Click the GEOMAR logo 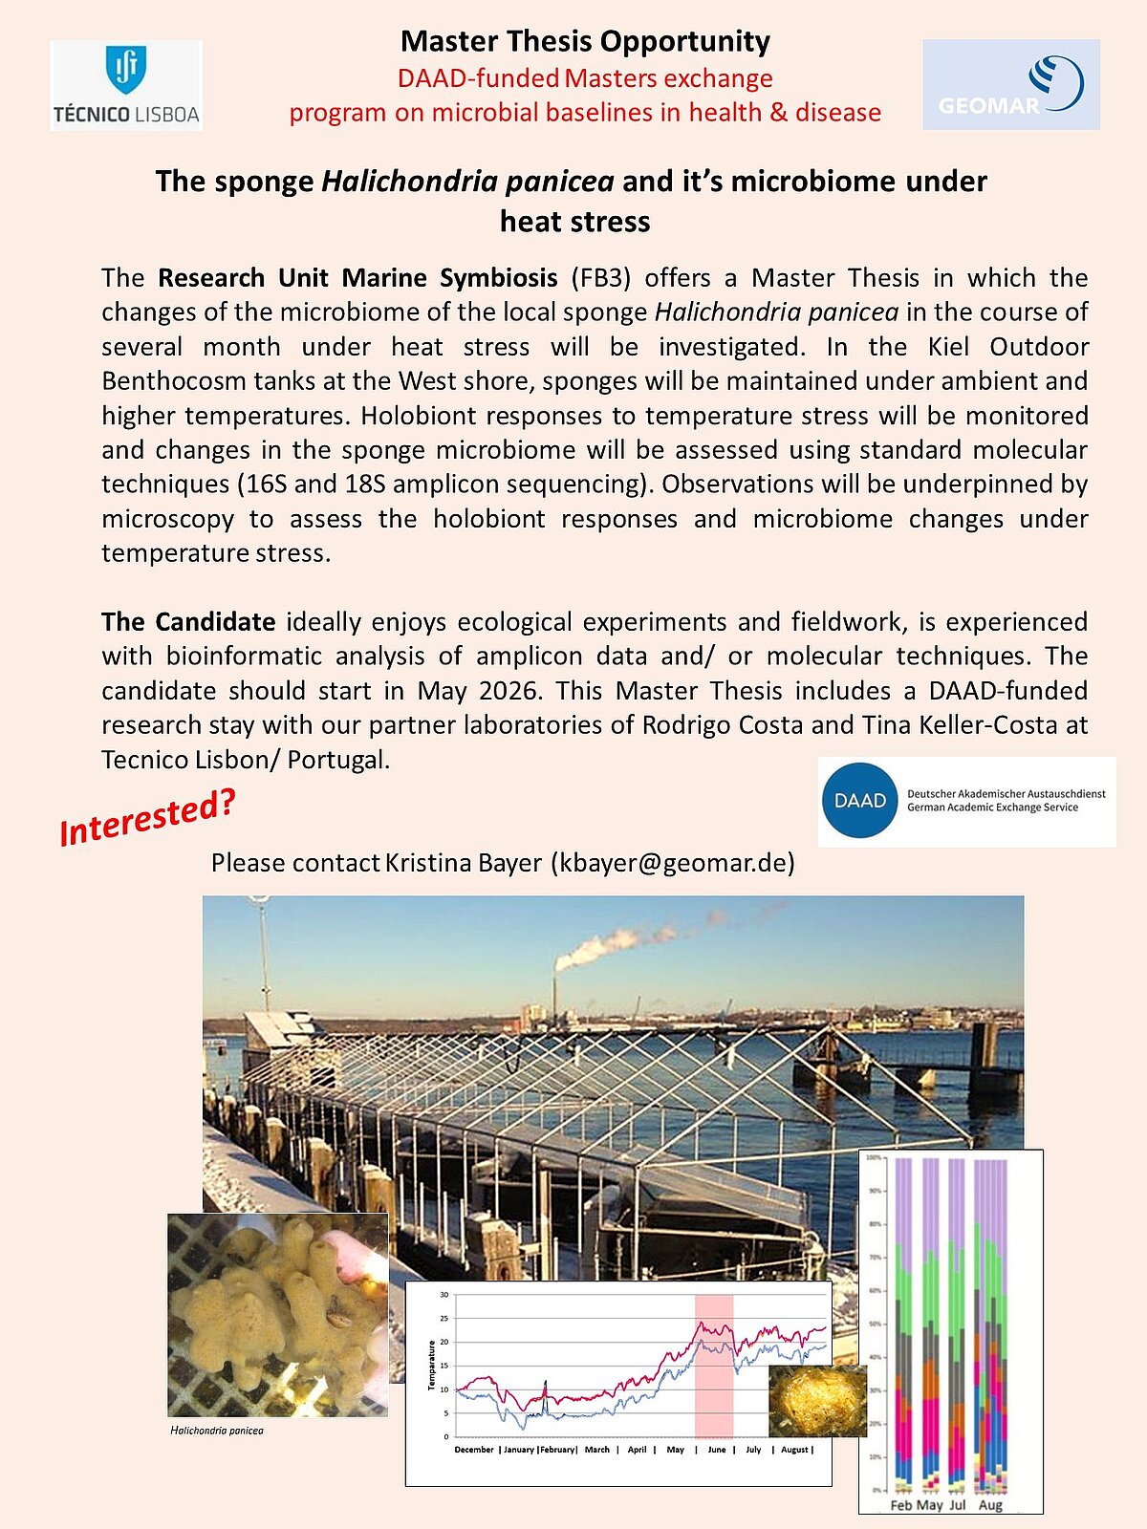[x=1011, y=84]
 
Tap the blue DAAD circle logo [x=859, y=801]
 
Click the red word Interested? [x=147, y=818]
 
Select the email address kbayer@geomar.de [x=673, y=863]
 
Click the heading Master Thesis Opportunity [x=585, y=41]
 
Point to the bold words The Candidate [x=188, y=622]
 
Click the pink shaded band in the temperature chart [x=713, y=1367]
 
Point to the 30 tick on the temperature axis [x=444, y=1295]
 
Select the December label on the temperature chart [x=474, y=1450]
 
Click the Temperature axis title [x=431, y=1367]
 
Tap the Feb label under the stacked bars [x=900, y=1505]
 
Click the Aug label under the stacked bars [x=991, y=1505]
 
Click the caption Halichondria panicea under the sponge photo [x=217, y=1431]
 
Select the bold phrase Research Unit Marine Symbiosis [x=357, y=278]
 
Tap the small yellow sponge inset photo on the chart [x=817, y=1401]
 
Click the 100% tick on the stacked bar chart [x=874, y=1158]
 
